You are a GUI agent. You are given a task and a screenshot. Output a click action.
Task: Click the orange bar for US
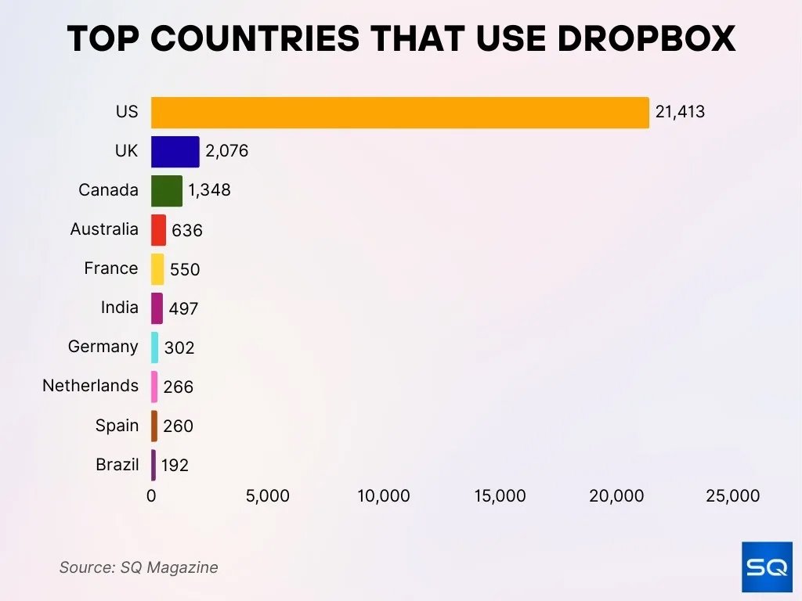(x=399, y=113)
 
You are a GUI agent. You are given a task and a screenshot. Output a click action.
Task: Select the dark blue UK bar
(x=175, y=152)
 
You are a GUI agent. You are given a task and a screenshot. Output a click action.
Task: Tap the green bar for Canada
(x=166, y=191)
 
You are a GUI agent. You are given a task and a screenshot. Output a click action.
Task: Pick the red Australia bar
(x=158, y=230)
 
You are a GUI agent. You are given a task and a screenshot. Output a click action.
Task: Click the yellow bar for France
(x=157, y=269)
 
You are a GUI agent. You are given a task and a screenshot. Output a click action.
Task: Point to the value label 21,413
(x=680, y=112)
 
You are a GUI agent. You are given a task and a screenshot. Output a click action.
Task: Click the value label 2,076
(x=226, y=151)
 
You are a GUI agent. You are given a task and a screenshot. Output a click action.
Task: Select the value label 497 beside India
(x=183, y=308)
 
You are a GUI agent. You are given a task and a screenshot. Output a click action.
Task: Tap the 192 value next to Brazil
(x=175, y=466)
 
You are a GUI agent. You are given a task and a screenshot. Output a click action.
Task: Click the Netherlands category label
(x=90, y=386)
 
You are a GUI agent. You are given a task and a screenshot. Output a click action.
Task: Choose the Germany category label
(x=103, y=347)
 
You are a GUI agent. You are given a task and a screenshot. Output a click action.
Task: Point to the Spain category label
(x=117, y=426)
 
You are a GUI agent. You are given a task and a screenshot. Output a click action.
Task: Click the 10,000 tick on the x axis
(x=384, y=496)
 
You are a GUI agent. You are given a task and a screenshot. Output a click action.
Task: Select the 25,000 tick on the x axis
(x=732, y=496)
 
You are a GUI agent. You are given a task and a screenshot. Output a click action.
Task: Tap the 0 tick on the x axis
(x=151, y=496)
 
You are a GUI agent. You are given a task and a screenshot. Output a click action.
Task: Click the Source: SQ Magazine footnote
(x=139, y=567)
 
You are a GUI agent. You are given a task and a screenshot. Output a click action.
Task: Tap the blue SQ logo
(x=766, y=567)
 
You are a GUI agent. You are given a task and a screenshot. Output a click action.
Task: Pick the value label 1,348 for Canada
(x=209, y=190)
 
